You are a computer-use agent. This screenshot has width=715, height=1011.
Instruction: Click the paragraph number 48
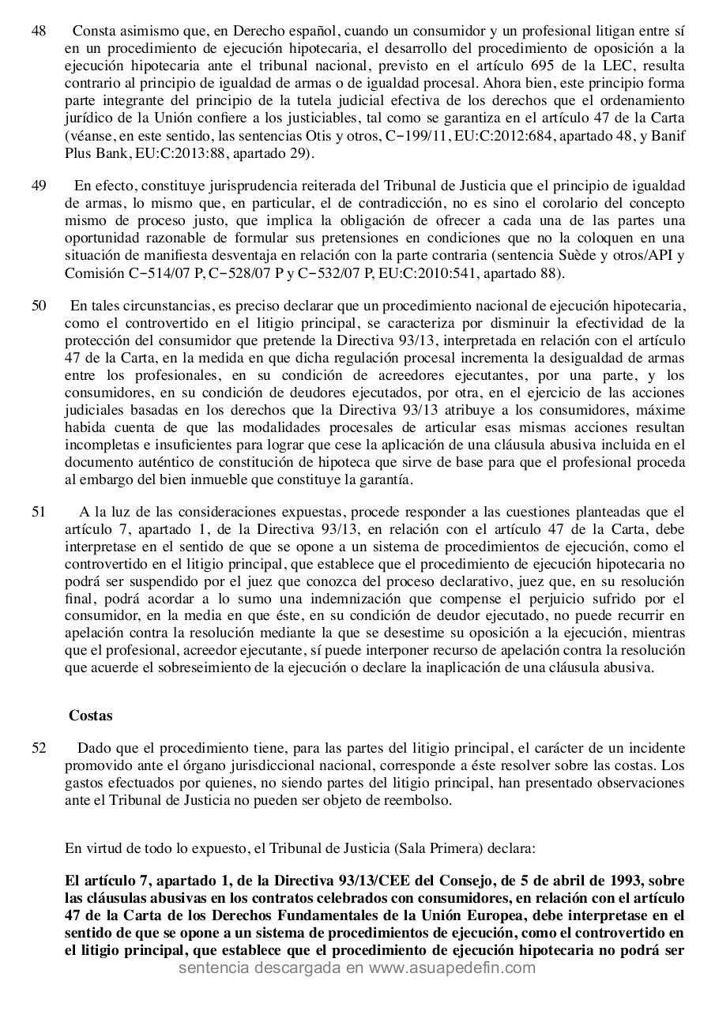(x=39, y=32)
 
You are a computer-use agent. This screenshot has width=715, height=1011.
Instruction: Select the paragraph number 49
(x=39, y=186)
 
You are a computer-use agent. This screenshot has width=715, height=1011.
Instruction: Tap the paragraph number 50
(x=39, y=306)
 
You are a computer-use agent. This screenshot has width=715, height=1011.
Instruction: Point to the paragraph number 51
(x=39, y=512)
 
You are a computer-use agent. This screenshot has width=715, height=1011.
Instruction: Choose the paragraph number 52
(x=39, y=748)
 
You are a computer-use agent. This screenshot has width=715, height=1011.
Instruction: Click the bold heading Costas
(x=90, y=716)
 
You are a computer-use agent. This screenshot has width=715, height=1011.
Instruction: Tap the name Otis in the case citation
(x=299, y=135)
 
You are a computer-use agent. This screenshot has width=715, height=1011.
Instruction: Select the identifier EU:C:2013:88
(x=155, y=152)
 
